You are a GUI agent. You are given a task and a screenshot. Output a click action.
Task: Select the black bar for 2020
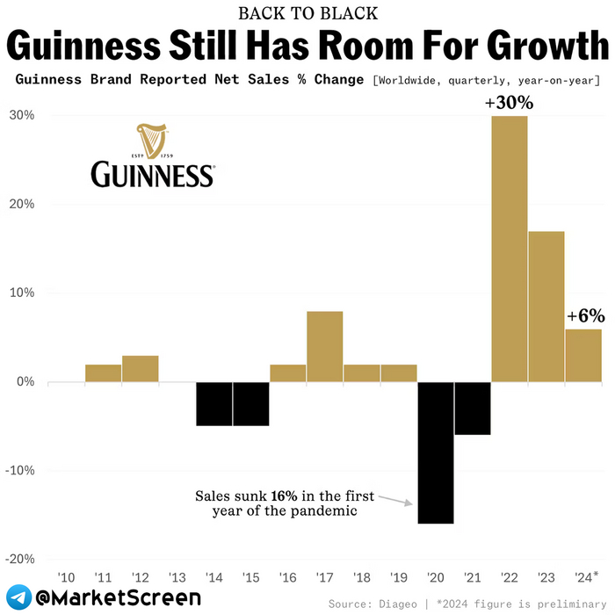(x=436, y=452)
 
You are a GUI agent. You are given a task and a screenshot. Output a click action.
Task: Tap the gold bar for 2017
(x=325, y=346)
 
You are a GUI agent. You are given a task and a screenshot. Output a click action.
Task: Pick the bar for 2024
(x=583, y=355)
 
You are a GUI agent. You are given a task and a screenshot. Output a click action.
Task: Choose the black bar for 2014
(x=213, y=403)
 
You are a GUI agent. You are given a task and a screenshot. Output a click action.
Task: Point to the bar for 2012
(x=141, y=368)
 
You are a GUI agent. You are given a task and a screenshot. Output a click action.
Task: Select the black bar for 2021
(x=473, y=409)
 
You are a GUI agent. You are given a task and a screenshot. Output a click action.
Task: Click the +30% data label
(x=509, y=103)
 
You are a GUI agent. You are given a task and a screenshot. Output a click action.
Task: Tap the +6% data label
(x=586, y=315)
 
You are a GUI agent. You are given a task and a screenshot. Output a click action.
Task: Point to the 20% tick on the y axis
(x=22, y=205)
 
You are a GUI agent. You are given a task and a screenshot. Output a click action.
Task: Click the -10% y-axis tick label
(x=20, y=470)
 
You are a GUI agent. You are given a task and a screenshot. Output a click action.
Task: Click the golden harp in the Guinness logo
(x=151, y=140)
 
